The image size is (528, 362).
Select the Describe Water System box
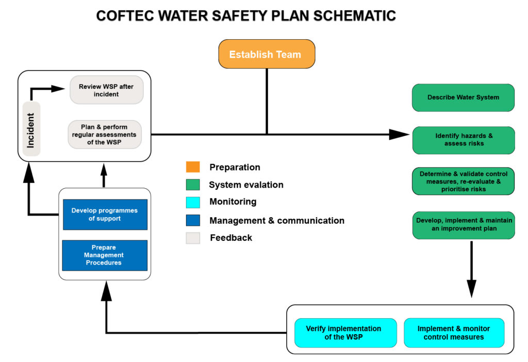[463, 97]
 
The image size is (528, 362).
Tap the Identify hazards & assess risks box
[463, 140]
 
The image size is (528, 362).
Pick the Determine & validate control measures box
[463, 181]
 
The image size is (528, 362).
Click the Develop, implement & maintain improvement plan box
[463, 224]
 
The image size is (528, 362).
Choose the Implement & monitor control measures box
[454, 333]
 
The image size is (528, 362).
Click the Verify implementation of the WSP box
[345, 333]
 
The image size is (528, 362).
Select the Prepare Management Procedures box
[105, 255]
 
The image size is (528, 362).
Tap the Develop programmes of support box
[105, 215]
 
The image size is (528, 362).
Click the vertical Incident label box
[31, 129]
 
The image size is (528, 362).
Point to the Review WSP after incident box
[106, 90]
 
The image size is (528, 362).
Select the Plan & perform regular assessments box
[105, 135]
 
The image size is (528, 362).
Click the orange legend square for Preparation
[193, 167]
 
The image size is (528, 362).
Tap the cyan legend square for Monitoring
[193, 202]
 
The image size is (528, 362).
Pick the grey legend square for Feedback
[193, 238]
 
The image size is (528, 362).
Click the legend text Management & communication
[276, 221]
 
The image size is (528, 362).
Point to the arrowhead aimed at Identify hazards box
[399, 135]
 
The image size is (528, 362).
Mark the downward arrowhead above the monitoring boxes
[471, 288]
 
